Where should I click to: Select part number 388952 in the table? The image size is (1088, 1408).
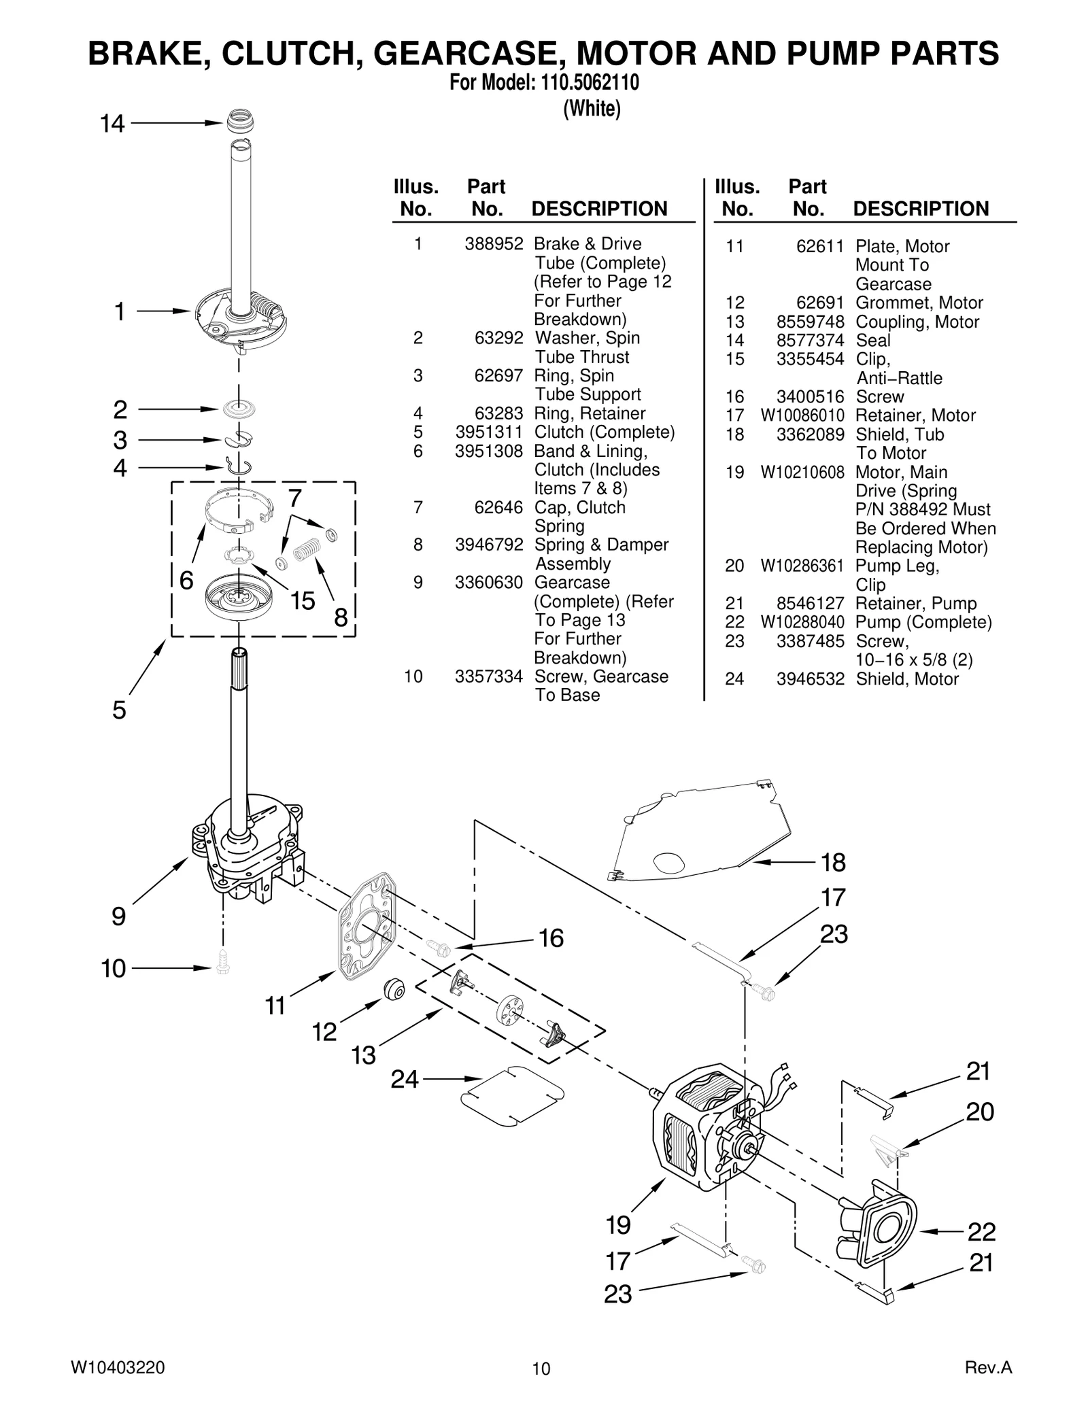pos(494,244)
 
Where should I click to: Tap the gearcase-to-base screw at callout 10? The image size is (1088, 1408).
pos(222,963)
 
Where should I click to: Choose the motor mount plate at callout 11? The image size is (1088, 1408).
pos(367,928)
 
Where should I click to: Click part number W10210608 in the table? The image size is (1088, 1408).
pos(802,473)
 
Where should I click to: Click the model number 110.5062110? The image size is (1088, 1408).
pos(590,83)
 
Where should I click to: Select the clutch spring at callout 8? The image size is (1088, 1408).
pos(307,549)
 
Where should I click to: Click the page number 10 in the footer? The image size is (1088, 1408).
pos(541,1369)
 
